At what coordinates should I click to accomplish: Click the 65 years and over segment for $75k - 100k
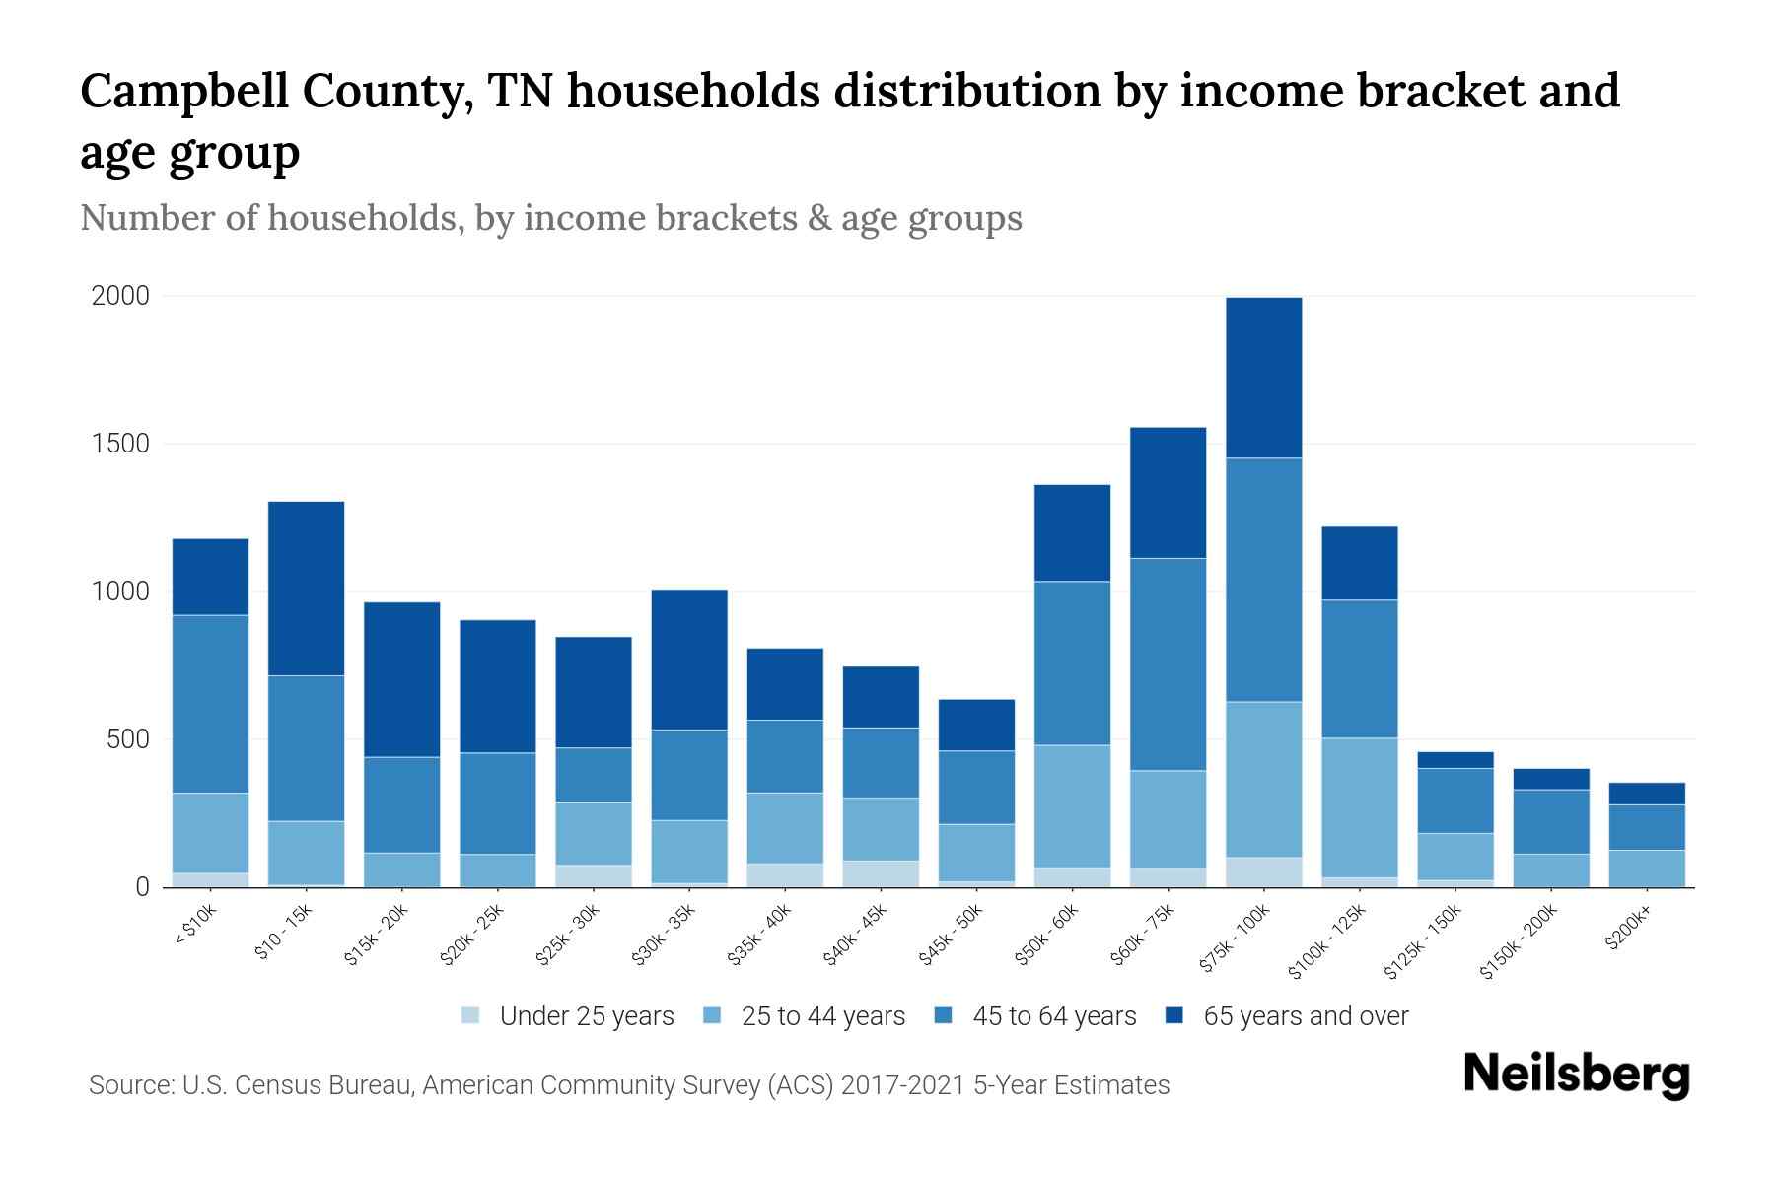(1263, 378)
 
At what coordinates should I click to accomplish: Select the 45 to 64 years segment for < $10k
(210, 704)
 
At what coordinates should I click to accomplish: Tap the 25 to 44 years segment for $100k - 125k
(1359, 807)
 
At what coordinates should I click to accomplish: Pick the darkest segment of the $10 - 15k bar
(306, 589)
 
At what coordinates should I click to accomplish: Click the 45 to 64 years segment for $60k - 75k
(1168, 664)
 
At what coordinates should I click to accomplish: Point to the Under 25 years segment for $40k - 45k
(881, 873)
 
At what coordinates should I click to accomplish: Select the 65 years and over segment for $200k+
(1647, 794)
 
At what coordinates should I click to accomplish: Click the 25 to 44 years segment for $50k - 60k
(1072, 806)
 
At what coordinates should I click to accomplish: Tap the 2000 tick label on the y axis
(120, 296)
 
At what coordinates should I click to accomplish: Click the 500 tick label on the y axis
(127, 739)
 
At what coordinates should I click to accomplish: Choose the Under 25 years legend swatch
(471, 1015)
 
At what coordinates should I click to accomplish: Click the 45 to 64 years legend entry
(1053, 1016)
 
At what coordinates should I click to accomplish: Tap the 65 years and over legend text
(1306, 1016)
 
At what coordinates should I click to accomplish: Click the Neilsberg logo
(1576, 1075)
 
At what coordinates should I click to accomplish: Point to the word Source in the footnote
(129, 1085)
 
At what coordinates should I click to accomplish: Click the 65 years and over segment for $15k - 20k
(401, 679)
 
